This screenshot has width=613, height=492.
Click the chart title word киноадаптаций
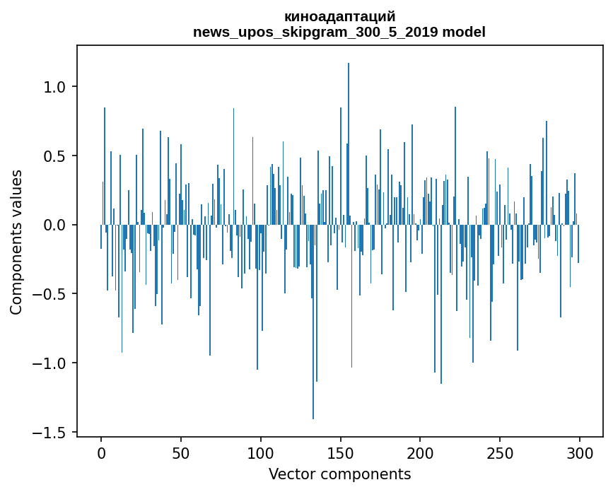pos(339,16)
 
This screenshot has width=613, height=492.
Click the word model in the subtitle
pos(465,32)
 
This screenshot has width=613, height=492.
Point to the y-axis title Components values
pos(16,242)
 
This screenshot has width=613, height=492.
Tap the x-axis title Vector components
pos(339,474)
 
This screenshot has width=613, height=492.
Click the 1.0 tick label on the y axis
pos(54,87)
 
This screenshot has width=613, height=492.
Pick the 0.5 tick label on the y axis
pos(54,156)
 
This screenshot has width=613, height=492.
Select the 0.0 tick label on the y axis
pos(54,225)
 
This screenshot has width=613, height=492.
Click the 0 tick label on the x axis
pos(101,452)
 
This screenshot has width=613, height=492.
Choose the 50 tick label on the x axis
pos(181,452)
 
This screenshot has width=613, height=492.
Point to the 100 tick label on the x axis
pos(261,452)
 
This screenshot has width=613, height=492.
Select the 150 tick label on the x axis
pos(341,452)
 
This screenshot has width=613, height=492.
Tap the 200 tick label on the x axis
pos(420,452)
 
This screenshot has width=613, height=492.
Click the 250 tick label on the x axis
pos(500,452)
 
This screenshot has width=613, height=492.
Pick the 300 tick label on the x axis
pos(580,452)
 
